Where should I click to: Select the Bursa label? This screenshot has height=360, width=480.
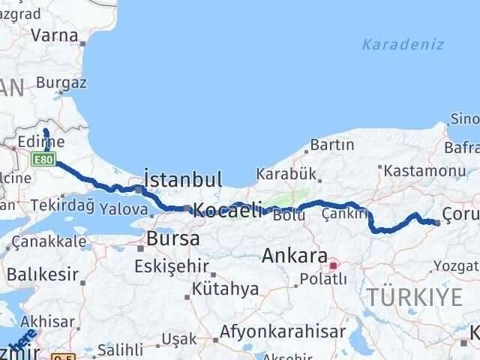[173, 239]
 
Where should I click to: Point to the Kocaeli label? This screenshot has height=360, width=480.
[227, 211]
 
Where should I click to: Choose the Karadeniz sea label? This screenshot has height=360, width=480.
[403, 45]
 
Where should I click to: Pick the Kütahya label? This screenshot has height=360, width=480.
[225, 289]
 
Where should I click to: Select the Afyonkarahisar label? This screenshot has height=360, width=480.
[281, 330]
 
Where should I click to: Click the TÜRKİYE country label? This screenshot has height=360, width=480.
[415, 298]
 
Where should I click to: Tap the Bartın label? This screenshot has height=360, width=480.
[331, 144]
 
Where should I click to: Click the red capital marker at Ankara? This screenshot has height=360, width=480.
[333, 265]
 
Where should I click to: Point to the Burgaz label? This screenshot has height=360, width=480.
[61, 82]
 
